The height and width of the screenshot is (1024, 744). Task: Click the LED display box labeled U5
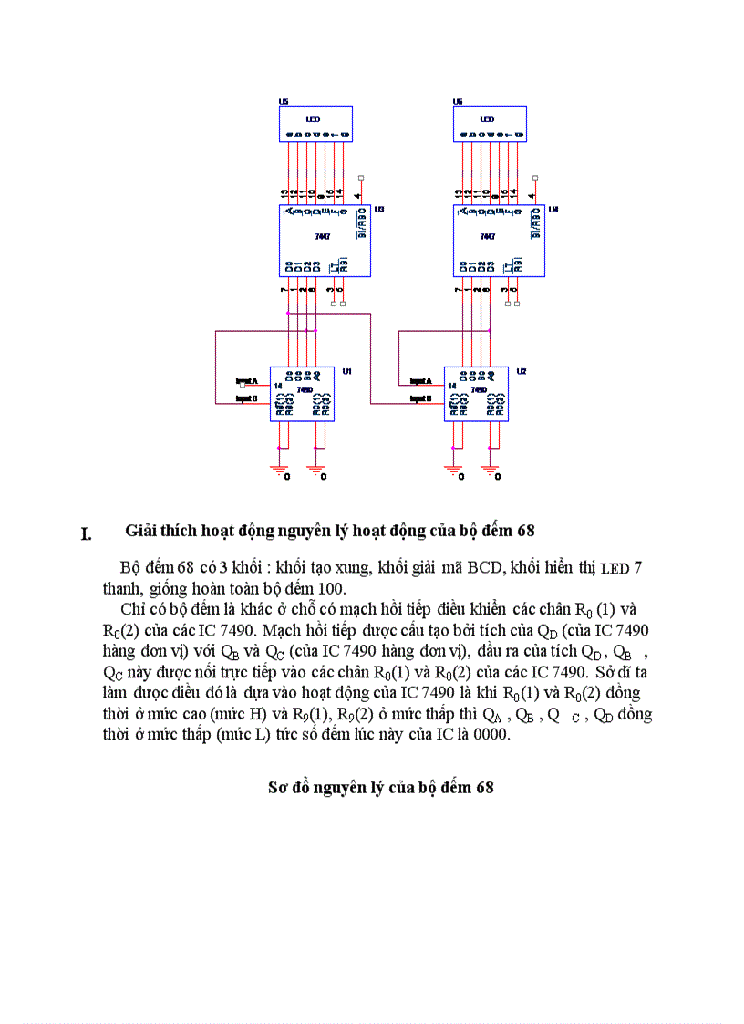(x=315, y=123)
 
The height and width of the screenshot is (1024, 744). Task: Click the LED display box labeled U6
(x=490, y=123)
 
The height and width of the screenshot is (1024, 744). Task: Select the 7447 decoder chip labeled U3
(x=324, y=240)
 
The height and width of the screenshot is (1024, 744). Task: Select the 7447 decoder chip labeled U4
(x=499, y=240)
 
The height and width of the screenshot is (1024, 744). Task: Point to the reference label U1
(x=347, y=371)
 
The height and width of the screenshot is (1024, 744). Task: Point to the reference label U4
(x=553, y=209)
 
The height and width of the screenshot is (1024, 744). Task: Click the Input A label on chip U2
(x=421, y=381)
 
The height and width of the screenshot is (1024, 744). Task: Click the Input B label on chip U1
(x=247, y=398)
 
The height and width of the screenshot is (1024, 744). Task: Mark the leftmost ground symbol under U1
(x=278, y=469)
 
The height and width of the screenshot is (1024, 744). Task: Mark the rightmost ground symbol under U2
(x=490, y=469)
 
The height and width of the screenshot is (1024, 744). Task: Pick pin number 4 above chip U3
(x=359, y=193)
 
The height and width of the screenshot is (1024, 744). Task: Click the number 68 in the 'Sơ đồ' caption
(x=484, y=787)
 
